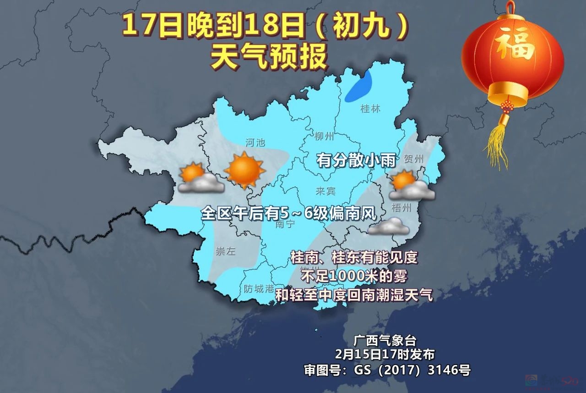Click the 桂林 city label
tap(370, 109)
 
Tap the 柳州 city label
tap(325, 136)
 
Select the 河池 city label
tap(255, 143)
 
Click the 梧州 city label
tap(402, 208)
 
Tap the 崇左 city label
tap(226, 251)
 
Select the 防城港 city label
tap(259, 289)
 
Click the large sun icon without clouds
tap(244, 169)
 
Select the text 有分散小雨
tap(356, 161)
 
